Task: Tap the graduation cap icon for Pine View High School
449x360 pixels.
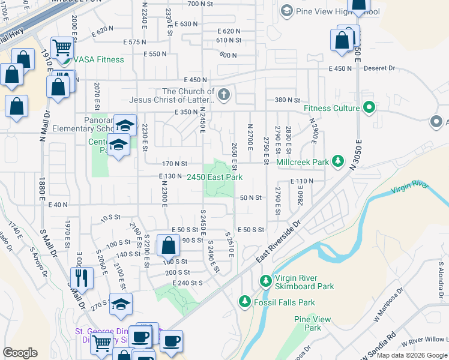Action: click(286, 11)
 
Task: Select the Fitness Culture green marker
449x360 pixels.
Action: click(369, 108)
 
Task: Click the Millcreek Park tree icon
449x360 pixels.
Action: click(339, 161)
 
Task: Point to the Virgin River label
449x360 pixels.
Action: click(411, 188)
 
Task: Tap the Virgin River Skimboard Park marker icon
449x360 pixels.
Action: click(265, 280)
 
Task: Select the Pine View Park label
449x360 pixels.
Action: click(312, 323)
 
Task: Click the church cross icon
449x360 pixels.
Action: click(223, 94)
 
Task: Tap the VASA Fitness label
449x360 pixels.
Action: click(99, 59)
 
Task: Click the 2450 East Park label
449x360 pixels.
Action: click(214, 177)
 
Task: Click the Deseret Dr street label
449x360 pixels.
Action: click(379, 68)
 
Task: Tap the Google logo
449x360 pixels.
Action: click(20, 352)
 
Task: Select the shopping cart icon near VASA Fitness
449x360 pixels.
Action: click(62, 47)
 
